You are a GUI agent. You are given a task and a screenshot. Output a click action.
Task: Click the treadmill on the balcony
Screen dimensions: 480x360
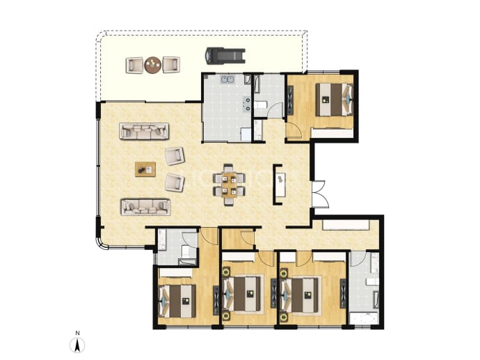point(225,56)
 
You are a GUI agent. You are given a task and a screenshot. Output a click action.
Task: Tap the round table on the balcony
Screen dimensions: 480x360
point(153,65)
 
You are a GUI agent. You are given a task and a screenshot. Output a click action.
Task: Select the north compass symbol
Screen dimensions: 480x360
point(78,345)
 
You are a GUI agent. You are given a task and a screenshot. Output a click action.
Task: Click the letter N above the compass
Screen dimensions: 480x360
point(78,333)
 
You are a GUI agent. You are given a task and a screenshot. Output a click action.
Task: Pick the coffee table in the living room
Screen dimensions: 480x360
point(145,169)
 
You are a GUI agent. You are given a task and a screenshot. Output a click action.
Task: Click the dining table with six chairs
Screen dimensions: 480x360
point(230,184)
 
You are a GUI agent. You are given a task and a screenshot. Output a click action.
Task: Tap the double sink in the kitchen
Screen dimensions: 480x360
point(227,79)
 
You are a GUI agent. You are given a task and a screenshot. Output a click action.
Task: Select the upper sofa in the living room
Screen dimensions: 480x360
point(144,131)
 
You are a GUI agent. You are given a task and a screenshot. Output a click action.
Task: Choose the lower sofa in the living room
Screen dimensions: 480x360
point(145,207)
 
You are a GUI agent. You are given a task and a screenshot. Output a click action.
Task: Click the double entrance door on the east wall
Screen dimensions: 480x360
point(321,194)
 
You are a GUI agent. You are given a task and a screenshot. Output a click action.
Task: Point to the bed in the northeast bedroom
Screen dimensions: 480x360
point(335,100)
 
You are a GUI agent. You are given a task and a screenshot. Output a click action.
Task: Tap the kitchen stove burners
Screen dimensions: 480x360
point(246,103)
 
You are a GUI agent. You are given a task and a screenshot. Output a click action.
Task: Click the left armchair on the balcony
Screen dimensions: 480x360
point(134,65)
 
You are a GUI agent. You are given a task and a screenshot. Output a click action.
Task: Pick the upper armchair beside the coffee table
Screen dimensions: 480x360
point(175,156)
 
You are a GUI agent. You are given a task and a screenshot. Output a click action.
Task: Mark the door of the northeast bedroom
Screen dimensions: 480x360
point(294,130)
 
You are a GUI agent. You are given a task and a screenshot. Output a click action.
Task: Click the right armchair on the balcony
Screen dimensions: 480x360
point(171,65)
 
